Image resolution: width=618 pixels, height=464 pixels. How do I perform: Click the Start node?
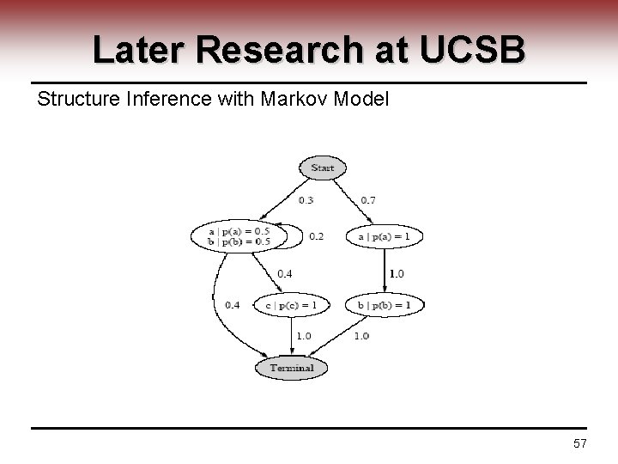pyautogui.click(x=322, y=168)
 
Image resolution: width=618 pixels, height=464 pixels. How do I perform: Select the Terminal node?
pyautogui.click(x=292, y=368)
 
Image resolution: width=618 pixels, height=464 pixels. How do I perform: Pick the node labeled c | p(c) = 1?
pyautogui.click(x=292, y=304)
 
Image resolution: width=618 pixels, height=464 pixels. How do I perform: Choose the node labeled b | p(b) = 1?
pyautogui.click(x=385, y=304)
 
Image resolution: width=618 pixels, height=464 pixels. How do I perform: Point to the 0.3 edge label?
pyautogui.click(x=306, y=200)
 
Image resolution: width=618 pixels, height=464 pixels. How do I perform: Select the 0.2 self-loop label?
pyautogui.click(x=316, y=235)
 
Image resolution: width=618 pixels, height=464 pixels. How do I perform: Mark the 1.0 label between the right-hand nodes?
pyautogui.click(x=397, y=273)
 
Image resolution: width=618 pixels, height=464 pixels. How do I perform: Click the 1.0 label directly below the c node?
pyautogui.click(x=304, y=335)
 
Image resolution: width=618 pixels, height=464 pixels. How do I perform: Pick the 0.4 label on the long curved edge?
pyautogui.click(x=233, y=304)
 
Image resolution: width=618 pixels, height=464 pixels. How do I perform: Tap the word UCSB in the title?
pyautogui.click(x=474, y=51)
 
